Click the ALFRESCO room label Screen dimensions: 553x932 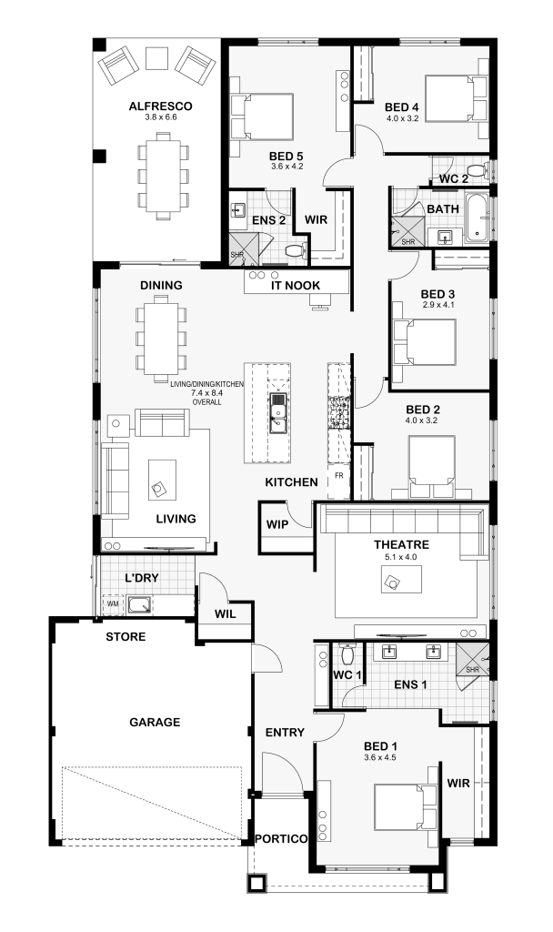pos(160,106)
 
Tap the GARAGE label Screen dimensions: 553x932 pos(155,722)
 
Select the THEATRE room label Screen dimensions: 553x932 pos(401,544)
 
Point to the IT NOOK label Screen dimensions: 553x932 pos(296,285)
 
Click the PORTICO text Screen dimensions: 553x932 pos(281,838)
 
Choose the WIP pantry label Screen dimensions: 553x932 pos(277,524)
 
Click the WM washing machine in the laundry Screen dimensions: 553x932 pos(112,604)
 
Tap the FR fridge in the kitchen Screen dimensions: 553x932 pos(339,476)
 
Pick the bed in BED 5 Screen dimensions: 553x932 pos(263,117)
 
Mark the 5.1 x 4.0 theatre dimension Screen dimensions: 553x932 pos(401,557)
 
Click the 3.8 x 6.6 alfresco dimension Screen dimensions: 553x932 pos(160,117)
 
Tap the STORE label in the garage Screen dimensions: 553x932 pos(126,636)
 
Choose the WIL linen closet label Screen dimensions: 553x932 pos(226,613)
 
